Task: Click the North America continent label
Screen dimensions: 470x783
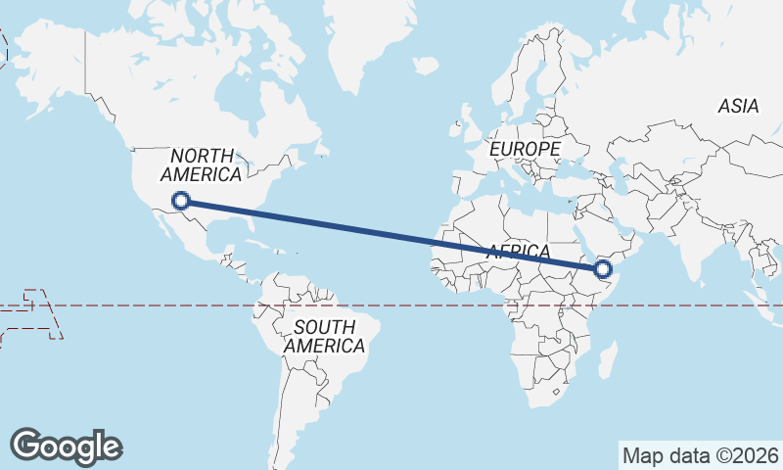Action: pyautogui.click(x=202, y=165)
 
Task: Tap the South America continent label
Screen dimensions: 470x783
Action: pyautogui.click(x=324, y=336)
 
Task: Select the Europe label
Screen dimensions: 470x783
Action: pyautogui.click(x=525, y=148)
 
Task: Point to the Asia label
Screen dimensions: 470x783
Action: pyautogui.click(x=738, y=106)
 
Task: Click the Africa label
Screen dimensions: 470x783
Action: pyautogui.click(x=519, y=252)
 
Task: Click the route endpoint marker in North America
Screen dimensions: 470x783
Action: pyautogui.click(x=180, y=202)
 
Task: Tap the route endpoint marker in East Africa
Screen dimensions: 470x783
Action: pyautogui.click(x=602, y=268)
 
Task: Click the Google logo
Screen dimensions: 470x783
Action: pyautogui.click(x=66, y=446)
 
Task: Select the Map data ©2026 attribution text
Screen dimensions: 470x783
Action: pyautogui.click(x=700, y=455)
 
